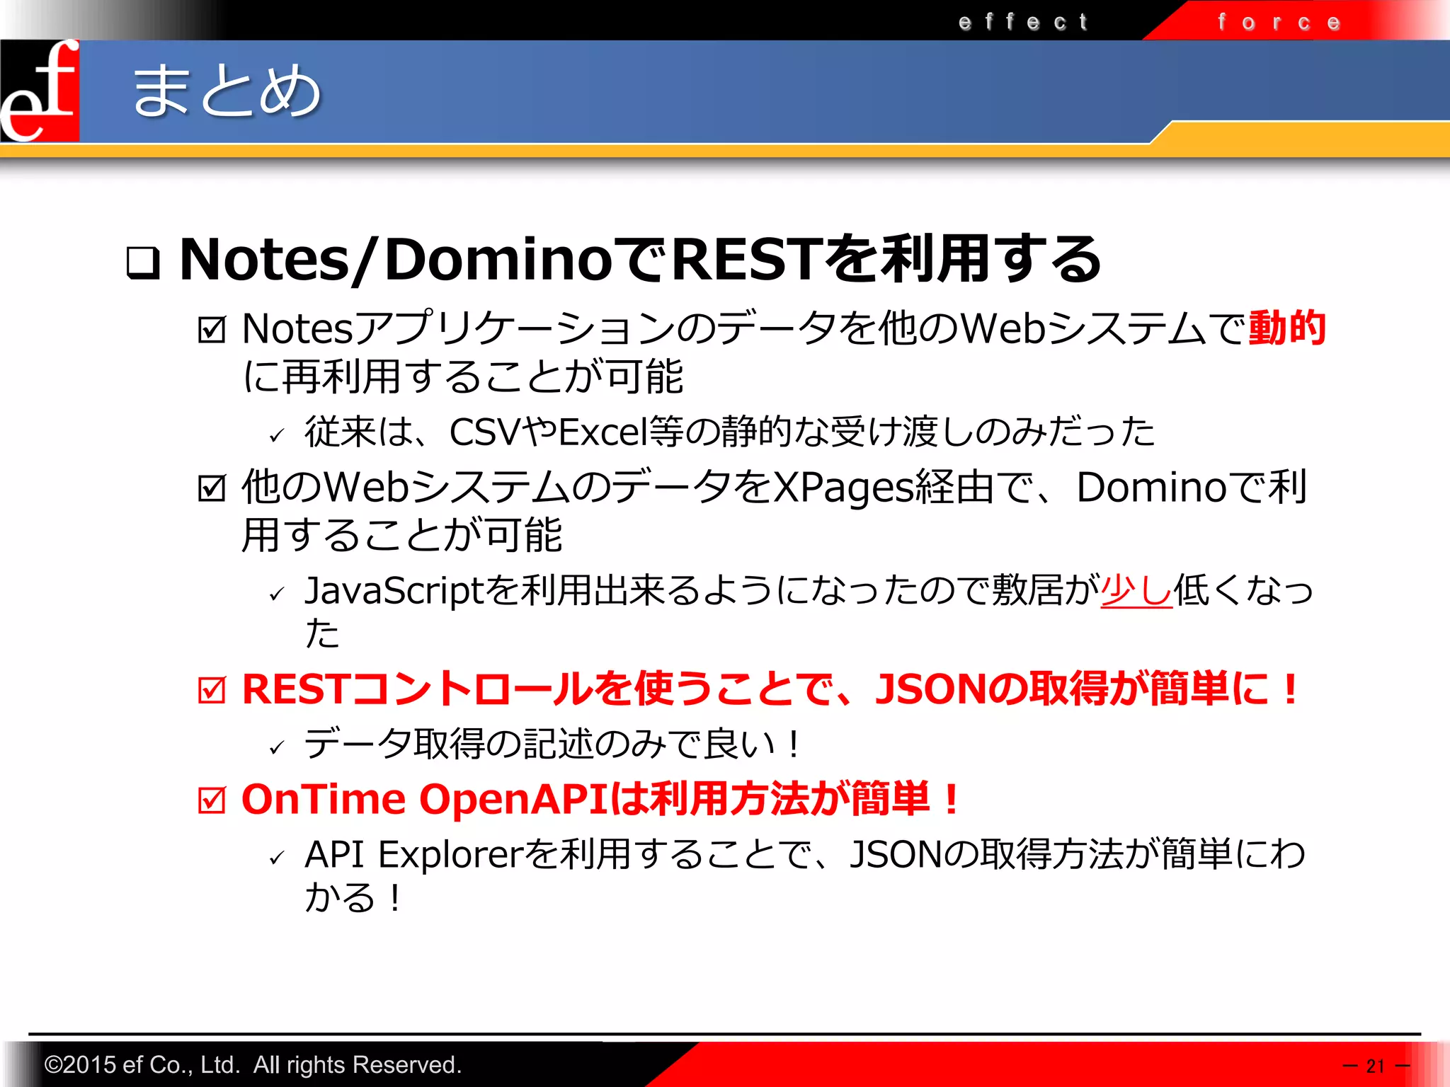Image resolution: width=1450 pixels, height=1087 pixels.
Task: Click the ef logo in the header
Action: tap(40, 91)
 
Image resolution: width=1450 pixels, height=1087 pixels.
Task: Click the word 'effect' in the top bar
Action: tap(1023, 22)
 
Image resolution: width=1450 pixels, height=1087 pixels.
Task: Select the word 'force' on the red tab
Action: tap(1279, 22)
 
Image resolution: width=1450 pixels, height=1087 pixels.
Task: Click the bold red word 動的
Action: tap(1286, 328)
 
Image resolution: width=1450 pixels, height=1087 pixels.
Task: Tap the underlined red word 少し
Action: tap(1136, 589)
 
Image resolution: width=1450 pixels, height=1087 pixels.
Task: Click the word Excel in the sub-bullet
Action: tap(602, 432)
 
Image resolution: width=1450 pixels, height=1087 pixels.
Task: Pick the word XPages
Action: tap(843, 488)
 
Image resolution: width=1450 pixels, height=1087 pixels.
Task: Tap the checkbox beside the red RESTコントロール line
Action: tap(212, 690)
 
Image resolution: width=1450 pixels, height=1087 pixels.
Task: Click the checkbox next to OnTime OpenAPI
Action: tap(212, 800)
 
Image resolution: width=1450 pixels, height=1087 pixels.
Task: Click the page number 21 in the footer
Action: tap(1375, 1066)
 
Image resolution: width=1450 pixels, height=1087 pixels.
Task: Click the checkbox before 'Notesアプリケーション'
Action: tap(212, 329)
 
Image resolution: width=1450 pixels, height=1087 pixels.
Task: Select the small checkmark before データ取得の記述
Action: tap(277, 747)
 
